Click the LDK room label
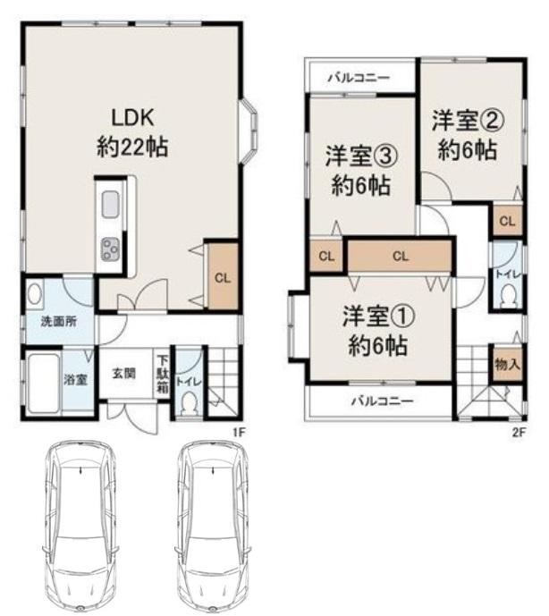pyautogui.click(x=132, y=132)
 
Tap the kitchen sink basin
pyautogui.click(x=111, y=204)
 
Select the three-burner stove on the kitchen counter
pyautogui.click(x=111, y=249)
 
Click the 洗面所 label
pyautogui.click(x=59, y=322)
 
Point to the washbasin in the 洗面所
pyautogui.click(x=35, y=293)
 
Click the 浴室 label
pyautogui.click(x=75, y=380)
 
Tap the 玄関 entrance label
pyautogui.click(x=124, y=373)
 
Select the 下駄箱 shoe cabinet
pyautogui.click(x=163, y=374)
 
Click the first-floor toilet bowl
pyautogui.click(x=189, y=403)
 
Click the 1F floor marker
pyautogui.click(x=240, y=433)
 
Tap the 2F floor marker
pyautogui.click(x=519, y=433)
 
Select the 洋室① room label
pyautogui.click(x=378, y=331)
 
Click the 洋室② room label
pyautogui.click(x=468, y=135)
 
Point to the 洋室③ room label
pyautogui.click(x=360, y=171)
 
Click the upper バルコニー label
pyautogui.click(x=359, y=78)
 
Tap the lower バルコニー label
pyautogui.click(x=383, y=401)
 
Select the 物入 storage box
pyautogui.click(x=508, y=364)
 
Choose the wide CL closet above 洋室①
pyautogui.click(x=400, y=256)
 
